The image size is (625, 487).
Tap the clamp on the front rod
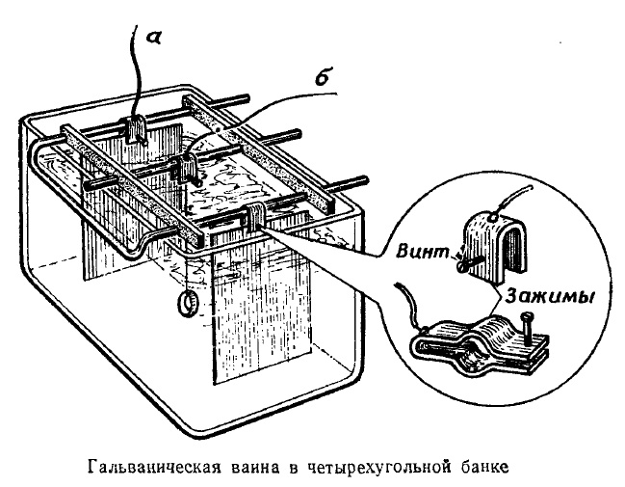click(x=258, y=220)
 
